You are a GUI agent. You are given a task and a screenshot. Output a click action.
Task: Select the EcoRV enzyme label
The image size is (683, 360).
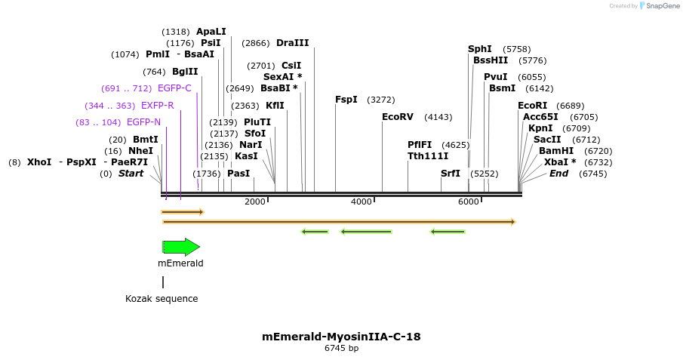click(398, 117)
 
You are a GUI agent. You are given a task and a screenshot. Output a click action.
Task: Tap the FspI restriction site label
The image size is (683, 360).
click(346, 100)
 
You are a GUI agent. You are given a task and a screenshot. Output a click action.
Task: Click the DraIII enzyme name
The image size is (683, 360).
click(293, 43)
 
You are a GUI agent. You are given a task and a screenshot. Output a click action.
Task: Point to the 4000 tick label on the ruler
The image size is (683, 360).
click(361, 202)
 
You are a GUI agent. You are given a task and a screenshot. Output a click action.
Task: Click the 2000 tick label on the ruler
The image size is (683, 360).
click(255, 202)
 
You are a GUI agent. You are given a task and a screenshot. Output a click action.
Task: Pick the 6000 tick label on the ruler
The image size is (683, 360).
click(469, 202)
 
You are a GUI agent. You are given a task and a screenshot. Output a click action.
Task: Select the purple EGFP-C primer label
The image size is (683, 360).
click(174, 88)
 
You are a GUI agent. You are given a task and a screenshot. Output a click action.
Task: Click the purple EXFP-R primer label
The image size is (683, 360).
click(158, 106)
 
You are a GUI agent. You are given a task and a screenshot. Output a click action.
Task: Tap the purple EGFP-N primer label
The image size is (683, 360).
click(143, 122)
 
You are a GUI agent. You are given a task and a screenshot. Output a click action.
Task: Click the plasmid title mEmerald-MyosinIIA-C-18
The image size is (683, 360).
click(341, 337)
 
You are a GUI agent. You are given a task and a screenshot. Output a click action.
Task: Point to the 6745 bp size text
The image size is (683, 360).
click(341, 348)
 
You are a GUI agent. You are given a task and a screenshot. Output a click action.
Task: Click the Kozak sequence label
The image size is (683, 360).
click(162, 299)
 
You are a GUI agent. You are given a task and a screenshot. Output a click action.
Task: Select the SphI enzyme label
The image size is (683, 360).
click(480, 49)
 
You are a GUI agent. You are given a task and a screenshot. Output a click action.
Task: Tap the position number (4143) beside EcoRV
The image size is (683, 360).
click(438, 117)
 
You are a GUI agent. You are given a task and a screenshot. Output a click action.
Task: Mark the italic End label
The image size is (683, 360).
click(559, 174)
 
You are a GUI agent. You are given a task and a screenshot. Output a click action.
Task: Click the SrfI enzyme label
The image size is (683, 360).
click(451, 174)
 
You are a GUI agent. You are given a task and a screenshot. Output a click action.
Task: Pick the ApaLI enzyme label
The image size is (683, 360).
click(211, 32)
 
